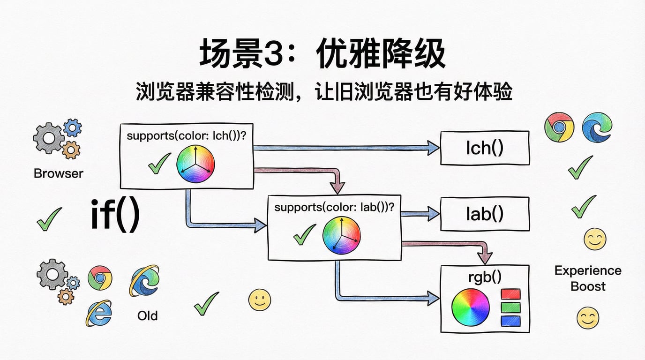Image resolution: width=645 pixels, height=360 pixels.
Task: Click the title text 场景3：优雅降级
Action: tap(322, 55)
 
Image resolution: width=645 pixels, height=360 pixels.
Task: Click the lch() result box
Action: tap(485, 148)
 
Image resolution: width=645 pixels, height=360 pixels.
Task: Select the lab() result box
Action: tap(485, 214)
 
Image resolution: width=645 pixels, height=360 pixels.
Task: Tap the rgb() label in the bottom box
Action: tap(485, 277)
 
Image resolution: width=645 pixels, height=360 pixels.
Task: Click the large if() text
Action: tap(115, 215)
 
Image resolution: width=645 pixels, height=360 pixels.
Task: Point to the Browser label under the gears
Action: tap(59, 173)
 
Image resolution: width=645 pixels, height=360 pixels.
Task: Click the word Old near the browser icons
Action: tap(147, 315)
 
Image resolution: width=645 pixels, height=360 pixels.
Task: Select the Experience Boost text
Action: tap(588, 278)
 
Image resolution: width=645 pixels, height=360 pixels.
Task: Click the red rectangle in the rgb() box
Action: tap(510, 294)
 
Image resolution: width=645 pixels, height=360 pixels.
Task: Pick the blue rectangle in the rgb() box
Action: tap(510, 321)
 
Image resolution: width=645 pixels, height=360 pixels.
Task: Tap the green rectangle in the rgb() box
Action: tap(510, 307)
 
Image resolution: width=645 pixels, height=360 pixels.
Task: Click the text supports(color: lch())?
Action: tap(187, 136)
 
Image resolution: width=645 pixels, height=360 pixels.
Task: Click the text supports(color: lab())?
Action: tap(334, 207)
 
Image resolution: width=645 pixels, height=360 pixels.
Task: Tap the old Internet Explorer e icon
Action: tap(99, 313)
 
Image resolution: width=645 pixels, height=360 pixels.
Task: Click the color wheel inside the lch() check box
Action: tap(195, 164)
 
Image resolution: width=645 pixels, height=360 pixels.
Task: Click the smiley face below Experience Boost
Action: tap(588, 318)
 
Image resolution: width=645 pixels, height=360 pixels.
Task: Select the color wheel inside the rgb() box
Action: tap(470, 308)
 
